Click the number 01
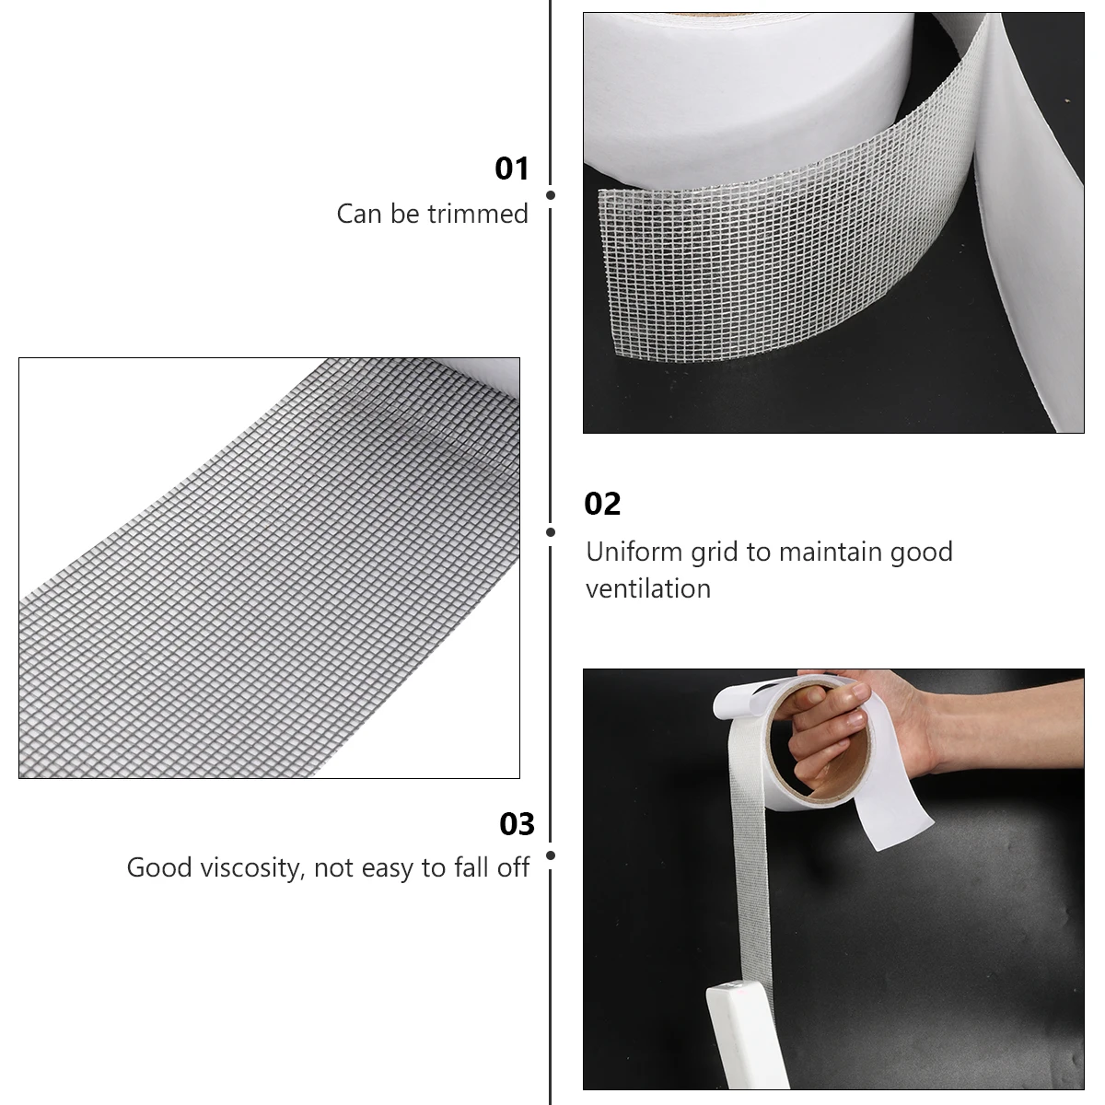(512, 169)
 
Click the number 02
(602, 504)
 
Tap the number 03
(517, 824)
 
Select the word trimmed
(484, 214)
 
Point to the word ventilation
(648, 588)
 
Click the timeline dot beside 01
(551, 195)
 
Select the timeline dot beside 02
(551, 532)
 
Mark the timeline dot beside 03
(551, 855)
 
